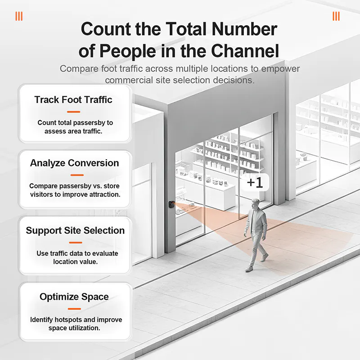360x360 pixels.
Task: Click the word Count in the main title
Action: tap(106, 29)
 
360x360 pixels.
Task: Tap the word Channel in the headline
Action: tap(245, 51)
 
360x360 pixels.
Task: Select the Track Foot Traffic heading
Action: tap(73, 99)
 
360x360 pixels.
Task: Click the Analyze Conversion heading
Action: tap(74, 163)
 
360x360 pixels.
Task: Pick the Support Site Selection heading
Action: tap(75, 230)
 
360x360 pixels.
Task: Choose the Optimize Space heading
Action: tap(74, 297)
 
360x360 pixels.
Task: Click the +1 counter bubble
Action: tap(255, 183)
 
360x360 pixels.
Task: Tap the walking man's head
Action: tap(255, 204)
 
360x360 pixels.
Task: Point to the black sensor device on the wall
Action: tap(171, 204)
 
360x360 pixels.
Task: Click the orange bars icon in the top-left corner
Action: tap(19, 16)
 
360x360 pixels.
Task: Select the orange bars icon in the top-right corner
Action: tap(336, 16)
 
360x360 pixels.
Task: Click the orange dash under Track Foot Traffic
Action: tap(73, 112)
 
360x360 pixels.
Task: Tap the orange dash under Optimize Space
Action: tap(74, 309)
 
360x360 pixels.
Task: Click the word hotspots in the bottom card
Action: tap(69, 320)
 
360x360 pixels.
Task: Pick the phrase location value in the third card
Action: tap(76, 262)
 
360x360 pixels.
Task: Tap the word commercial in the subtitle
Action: tap(129, 80)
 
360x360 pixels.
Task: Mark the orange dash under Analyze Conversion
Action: tap(77, 175)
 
